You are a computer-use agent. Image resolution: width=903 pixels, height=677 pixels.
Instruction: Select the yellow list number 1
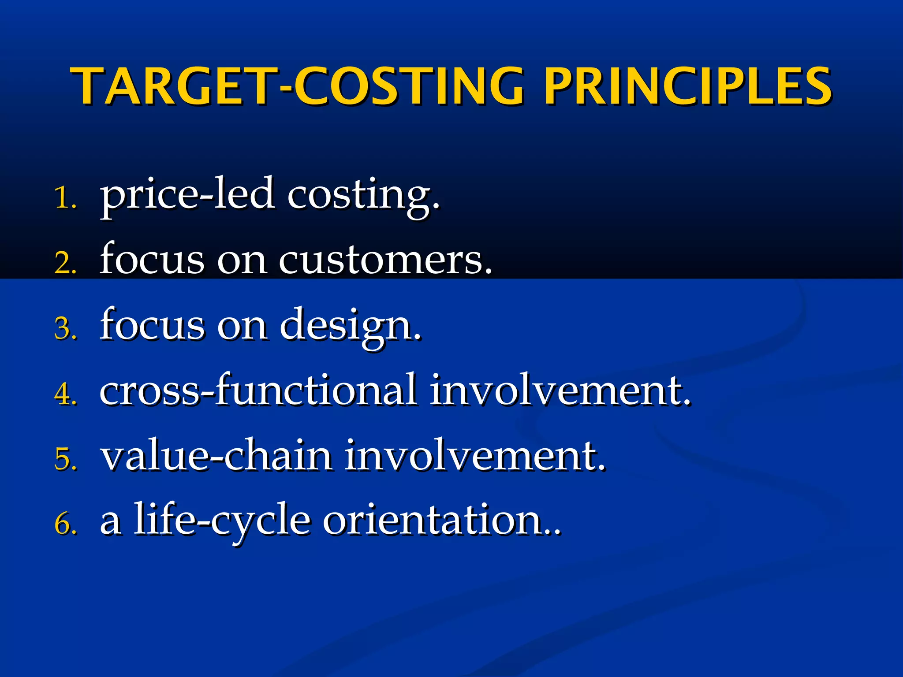[65, 198]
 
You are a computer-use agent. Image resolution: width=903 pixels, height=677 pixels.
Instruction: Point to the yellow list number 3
[65, 329]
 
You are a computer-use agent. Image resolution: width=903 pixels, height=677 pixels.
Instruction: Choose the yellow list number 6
[65, 524]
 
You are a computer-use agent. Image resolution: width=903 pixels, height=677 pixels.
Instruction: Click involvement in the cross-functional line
[560, 390]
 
